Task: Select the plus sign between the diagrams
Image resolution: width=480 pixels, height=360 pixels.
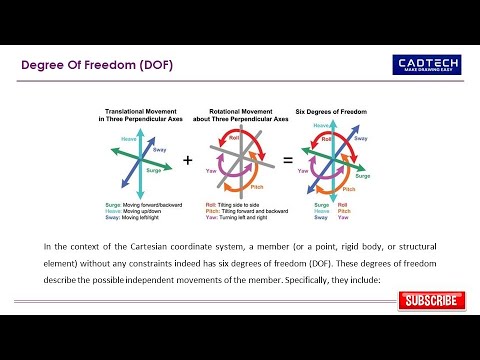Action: click(x=187, y=160)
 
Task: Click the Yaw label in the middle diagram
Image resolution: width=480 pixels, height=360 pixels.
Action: click(x=211, y=171)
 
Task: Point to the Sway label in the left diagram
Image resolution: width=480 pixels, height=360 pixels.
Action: click(x=159, y=149)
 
